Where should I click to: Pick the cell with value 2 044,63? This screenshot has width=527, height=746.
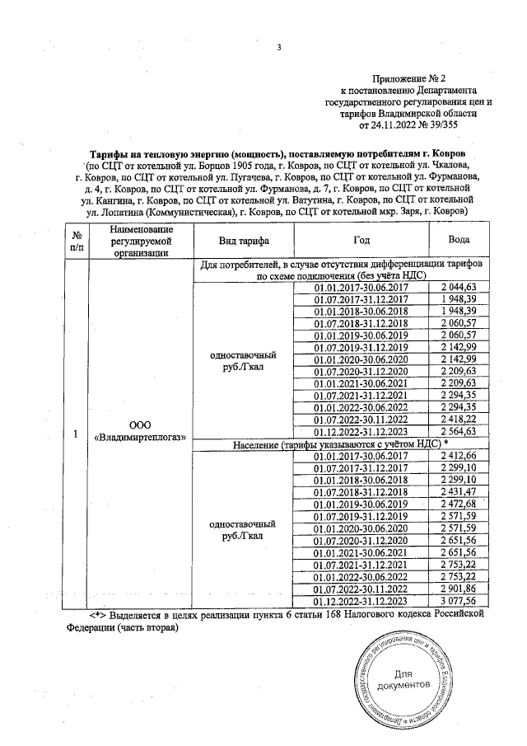459,286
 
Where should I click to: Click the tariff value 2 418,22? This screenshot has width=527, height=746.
459,420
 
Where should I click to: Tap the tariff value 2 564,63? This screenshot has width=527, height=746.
459,433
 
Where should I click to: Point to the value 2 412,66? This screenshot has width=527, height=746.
459,456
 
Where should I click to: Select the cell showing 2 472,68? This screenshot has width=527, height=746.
459,503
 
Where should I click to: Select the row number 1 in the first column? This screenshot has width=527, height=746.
76,434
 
